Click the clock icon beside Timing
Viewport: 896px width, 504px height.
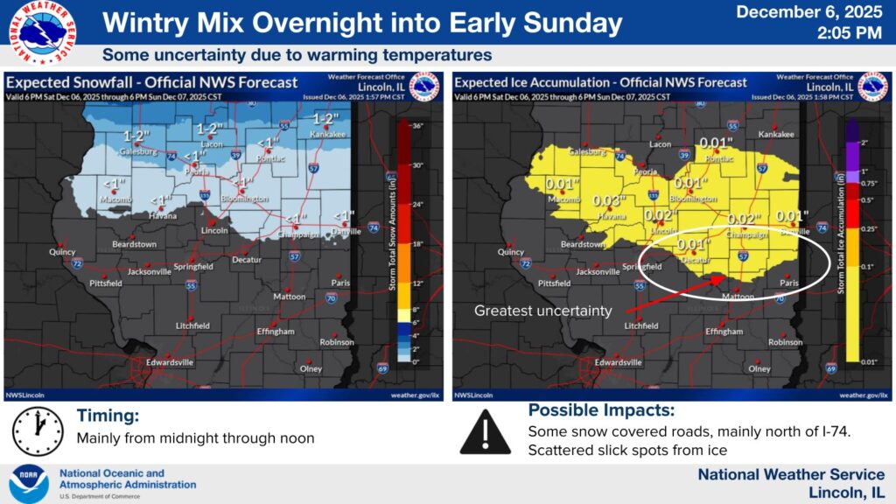(x=38, y=431)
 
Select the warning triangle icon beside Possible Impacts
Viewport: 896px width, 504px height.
(x=484, y=431)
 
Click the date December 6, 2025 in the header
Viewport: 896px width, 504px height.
(x=810, y=12)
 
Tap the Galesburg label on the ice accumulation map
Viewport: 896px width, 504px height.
(x=587, y=150)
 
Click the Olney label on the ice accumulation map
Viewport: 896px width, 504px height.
(x=759, y=368)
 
